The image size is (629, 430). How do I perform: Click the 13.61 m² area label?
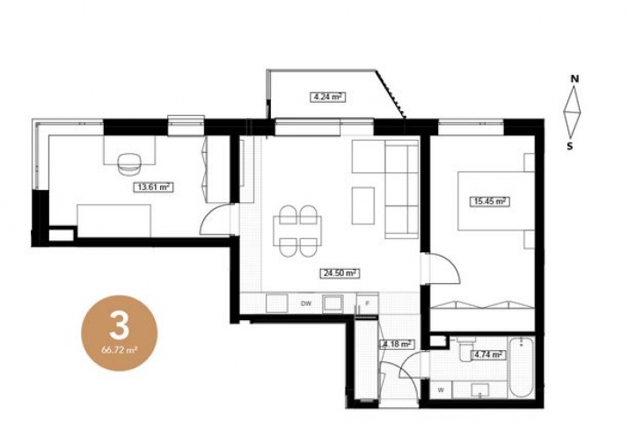153,187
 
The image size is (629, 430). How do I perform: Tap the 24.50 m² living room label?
340,273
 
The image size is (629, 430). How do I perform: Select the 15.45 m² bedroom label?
489,201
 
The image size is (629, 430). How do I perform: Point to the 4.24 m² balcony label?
328,97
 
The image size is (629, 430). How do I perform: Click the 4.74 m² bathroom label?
488,354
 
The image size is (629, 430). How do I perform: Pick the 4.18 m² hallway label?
397,344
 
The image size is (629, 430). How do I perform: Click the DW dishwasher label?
306,303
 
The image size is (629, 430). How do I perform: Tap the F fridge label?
367,303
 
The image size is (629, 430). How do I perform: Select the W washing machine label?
441,390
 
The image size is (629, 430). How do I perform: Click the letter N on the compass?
574,78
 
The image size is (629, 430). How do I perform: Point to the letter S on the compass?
570,146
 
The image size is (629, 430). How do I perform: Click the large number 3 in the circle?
119,325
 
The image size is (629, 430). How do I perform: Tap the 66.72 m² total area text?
120,350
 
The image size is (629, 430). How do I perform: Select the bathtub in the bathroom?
521,368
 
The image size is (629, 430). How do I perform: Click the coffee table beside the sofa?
363,206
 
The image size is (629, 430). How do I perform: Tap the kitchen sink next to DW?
333,303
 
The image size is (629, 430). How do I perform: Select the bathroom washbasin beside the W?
479,390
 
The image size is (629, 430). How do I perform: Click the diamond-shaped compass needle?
573,112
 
